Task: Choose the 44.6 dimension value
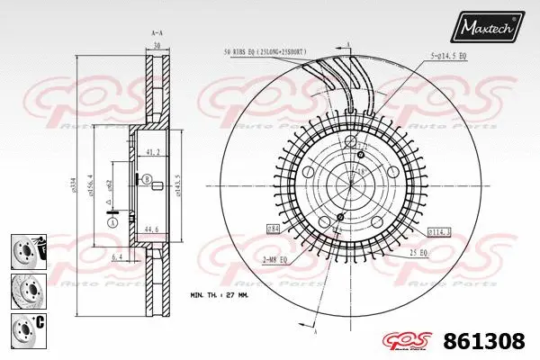(151, 229)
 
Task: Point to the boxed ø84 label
(272, 231)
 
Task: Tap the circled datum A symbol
(112, 222)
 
